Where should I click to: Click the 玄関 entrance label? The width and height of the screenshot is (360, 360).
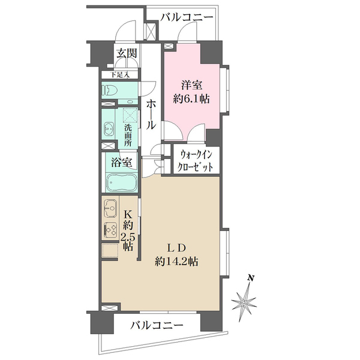[x=127, y=53]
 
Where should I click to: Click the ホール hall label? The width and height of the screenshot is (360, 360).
[x=151, y=115]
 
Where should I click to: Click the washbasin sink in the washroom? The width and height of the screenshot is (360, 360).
[x=109, y=128]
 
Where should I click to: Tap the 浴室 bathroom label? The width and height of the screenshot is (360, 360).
[x=122, y=161]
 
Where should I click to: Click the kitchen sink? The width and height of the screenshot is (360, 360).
[x=110, y=209]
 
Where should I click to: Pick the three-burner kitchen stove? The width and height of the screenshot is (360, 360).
[x=110, y=230]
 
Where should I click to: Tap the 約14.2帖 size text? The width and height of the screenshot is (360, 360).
[x=177, y=262]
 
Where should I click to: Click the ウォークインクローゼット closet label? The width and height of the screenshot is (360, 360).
[x=196, y=161]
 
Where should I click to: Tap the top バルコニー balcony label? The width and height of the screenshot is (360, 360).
[x=187, y=18]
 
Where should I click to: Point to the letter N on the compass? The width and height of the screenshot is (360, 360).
[x=253, y=278]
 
